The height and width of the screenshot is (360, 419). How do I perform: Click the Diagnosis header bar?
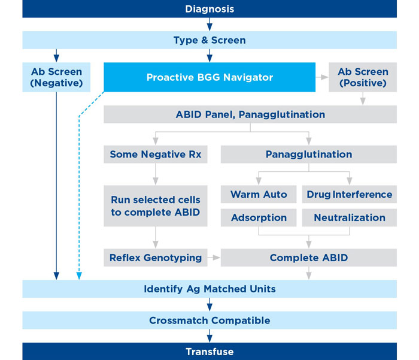[209, 9]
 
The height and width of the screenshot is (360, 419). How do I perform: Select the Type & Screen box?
[209, 40]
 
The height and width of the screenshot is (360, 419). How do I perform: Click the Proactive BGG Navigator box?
[209, 77]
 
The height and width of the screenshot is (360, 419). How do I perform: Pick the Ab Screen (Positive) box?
[363, 77]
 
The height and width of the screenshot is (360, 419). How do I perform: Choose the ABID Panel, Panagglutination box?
[250, 114]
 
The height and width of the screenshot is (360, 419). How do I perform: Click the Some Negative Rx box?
[156, 155]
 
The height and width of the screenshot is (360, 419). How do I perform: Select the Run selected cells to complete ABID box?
[156, 205]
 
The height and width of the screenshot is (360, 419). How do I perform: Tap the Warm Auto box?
[259, 194]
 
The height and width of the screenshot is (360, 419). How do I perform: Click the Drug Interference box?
[350, 194]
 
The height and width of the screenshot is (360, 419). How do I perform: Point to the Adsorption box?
[259, 217]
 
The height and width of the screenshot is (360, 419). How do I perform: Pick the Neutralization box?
[350, 217]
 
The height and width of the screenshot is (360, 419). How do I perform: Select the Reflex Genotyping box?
[156, 258]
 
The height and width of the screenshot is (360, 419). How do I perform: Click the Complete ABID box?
[309, 258]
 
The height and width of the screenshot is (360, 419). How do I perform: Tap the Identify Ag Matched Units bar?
[209, 289]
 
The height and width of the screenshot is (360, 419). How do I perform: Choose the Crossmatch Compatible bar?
[209, 320]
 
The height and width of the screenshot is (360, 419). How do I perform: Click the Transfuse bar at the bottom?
[209, 352]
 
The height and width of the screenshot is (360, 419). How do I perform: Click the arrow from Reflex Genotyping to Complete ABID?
[214, 258]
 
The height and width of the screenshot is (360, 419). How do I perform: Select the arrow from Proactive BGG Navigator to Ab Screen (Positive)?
[322, 77]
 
